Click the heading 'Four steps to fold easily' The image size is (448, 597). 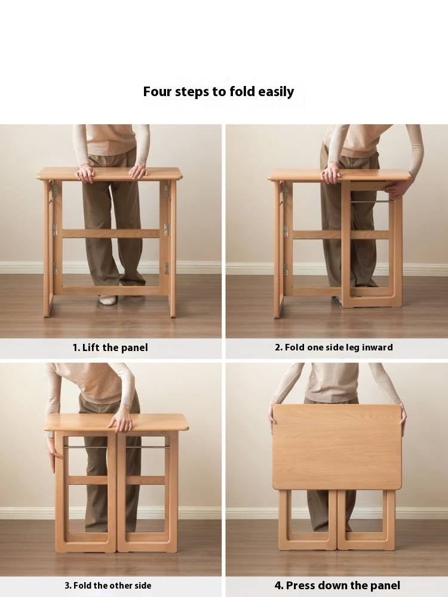218,92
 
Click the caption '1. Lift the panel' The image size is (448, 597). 110,347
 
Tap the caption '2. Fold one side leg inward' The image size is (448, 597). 334,347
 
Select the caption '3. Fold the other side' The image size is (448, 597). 108,586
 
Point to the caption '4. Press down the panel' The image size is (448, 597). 337,586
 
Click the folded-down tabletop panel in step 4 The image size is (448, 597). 337,447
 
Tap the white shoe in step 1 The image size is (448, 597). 107,300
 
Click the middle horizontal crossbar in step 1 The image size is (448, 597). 111,233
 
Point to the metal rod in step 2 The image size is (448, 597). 369,202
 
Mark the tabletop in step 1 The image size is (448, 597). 110,174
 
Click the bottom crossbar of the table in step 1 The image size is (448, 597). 111,291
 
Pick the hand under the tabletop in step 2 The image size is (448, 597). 398,189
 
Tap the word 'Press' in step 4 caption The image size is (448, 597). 300,586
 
